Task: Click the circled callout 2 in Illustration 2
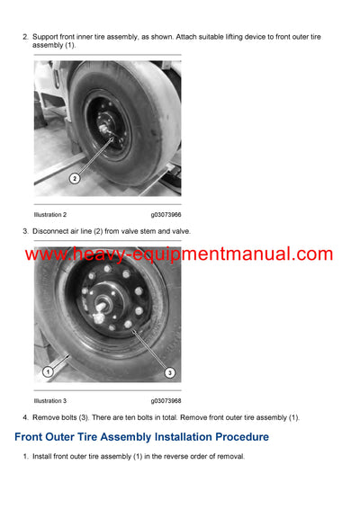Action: pos(75,178)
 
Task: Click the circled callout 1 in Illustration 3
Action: pos(47,371)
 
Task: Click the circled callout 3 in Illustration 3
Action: pos(169,372)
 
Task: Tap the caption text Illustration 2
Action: pos(50,215)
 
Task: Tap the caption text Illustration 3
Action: pos(50,400)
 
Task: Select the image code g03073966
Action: pos(166,215)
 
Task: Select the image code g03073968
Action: pos(166,400)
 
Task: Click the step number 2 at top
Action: pos(25,37)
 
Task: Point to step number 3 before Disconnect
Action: pos(25,231)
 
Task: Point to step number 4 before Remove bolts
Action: pos(25,417)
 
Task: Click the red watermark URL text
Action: pos(179,254)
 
